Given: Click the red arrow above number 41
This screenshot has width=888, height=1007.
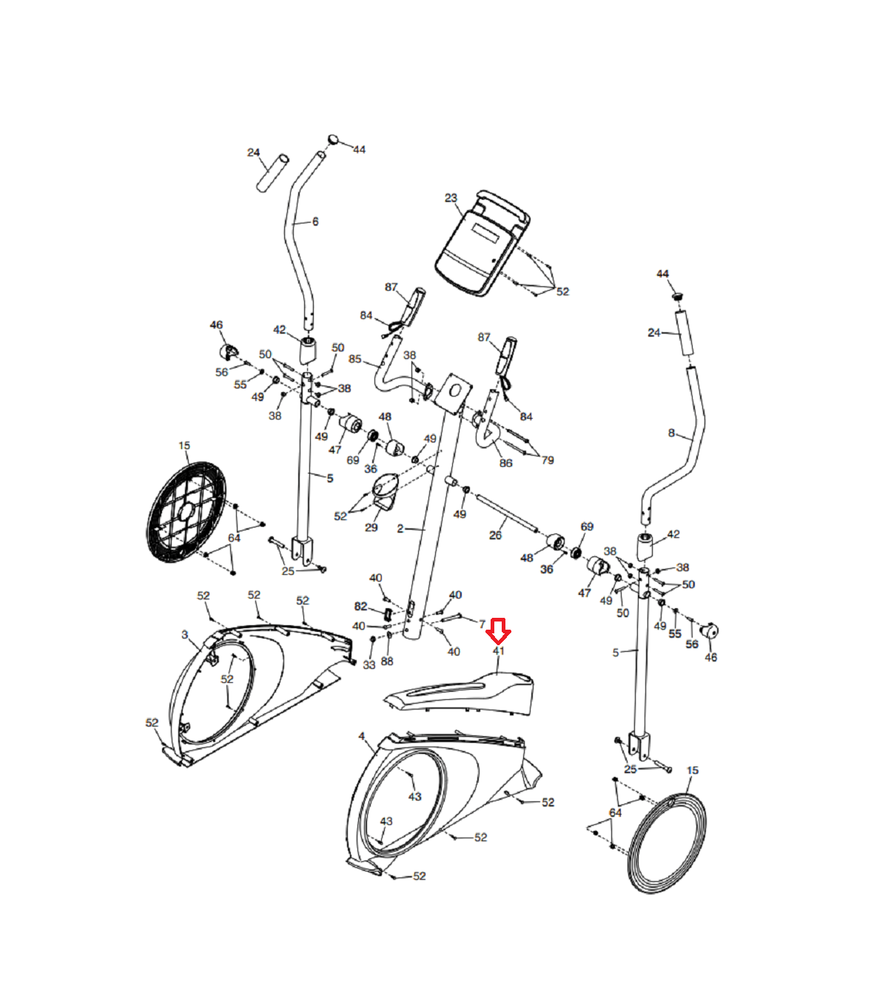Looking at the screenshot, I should (498, 631).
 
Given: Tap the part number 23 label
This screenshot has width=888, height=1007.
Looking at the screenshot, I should (451, 198).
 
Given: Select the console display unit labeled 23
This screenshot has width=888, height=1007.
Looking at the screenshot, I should (481, 244).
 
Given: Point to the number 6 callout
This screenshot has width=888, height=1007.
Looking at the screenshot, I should (315, 221).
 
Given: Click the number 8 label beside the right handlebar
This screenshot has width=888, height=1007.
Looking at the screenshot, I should (671, 433).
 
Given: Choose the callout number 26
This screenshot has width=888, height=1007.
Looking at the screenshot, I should (495, 535).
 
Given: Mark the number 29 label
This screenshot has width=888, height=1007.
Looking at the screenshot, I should (371, 528).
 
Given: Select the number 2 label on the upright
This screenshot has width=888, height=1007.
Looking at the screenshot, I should (400, 529).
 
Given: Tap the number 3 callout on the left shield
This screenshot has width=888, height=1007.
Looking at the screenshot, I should (184, 635).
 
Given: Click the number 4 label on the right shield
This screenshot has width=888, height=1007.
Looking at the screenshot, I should (361, 737).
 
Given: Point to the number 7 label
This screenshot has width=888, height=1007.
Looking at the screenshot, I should (482, 624).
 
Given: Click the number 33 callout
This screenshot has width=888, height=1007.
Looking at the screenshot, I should (369, 665).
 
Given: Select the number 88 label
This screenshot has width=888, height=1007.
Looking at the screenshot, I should (387, 661).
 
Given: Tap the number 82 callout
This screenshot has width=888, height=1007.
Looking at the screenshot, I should (360, 607).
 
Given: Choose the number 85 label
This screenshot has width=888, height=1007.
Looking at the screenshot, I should (355, 360).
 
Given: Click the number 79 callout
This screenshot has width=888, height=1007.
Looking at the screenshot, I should (548, 460).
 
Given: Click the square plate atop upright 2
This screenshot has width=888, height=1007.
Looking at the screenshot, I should (453, 393).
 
